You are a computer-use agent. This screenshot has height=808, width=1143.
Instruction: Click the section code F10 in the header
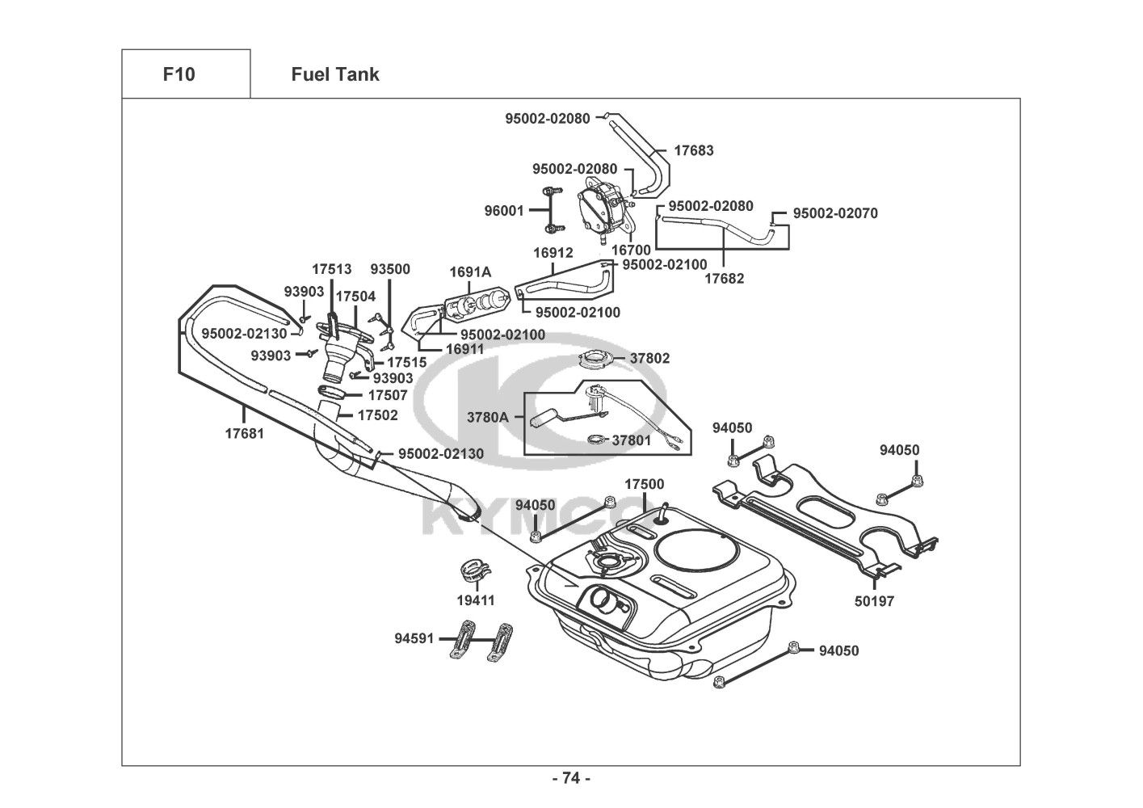tap(179, 74)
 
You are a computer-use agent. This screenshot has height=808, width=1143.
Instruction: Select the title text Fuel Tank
tap(334, 74)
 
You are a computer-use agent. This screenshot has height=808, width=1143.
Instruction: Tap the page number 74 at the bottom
tap(571, 778)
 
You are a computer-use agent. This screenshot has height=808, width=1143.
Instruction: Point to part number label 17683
tap(694, 150)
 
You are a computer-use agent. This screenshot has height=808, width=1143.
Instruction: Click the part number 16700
tap(631, 250)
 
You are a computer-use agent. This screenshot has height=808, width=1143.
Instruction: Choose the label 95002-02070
tap(835, 213)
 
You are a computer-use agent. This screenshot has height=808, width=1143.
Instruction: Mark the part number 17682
tap(725, 278)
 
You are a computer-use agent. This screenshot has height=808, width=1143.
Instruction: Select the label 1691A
tap(471, 271)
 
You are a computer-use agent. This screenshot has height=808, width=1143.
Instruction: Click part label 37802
tap(650, 358)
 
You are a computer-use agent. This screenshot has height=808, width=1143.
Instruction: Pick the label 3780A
tap(488, 417)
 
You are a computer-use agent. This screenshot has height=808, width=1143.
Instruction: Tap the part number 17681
tap(244, 433)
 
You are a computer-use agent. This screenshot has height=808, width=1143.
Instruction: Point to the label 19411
tap(476, 600)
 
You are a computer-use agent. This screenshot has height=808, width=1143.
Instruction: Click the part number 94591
tap(414, 638)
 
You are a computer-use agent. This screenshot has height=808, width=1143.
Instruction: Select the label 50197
tap(875, 601)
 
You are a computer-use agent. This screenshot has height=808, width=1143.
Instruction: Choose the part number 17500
tap(645, 484)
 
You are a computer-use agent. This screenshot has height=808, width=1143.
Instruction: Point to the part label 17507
tap(388, 396)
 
